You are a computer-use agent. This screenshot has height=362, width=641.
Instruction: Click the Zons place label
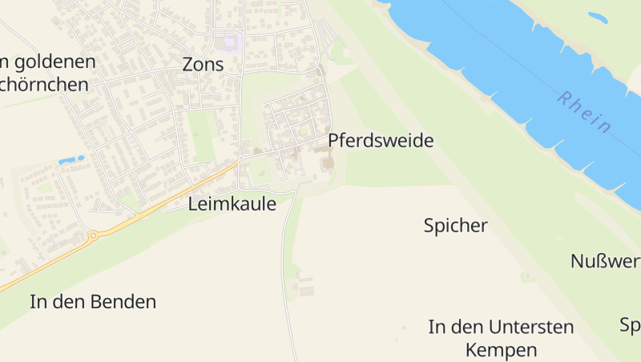pyautogui.click(x=203, y=65)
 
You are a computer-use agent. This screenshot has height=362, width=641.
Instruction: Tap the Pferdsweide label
pyautogui.click(x=381, y=141)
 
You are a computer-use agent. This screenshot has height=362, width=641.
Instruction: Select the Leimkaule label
pyautogui.click(x=232, y=204)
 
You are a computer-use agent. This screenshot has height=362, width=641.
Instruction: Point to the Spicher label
pyautogui.click(x=455, y=226)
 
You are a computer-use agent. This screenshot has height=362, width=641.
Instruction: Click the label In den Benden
pyautogui.click(x=93, y=302)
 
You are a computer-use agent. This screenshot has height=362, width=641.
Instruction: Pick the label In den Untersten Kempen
pyautogui.click(x=502, y=338)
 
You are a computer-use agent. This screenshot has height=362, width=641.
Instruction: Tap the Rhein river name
pyautogui.click(x=585, y=112)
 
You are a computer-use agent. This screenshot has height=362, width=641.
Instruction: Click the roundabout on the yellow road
pyautogui.click(x=94, y=235)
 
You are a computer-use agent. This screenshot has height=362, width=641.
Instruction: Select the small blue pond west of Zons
pyautogui.click(x=71, y=160)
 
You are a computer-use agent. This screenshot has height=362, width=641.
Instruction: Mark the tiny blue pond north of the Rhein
pyautogui.click(x=598, y=17)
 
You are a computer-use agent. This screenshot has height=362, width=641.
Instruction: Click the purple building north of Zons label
pyautogui.click(x=231, y=41)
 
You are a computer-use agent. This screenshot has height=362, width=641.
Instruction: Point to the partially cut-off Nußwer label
pyautogui.click(x=605, y=261)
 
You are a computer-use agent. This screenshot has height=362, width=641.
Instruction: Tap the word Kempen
pyautogui.click(x=502, y=350)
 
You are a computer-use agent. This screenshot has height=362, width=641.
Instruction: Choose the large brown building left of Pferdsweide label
pyautogui.click(x=327, y=163)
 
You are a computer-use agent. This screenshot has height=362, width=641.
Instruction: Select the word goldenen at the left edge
pyautogui.click(x=53, y=62)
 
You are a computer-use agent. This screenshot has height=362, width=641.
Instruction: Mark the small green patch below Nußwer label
pyautogui.click(x=527, y=277)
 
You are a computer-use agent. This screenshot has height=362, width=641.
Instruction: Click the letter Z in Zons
pyautogui.click(x=188, y=65)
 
